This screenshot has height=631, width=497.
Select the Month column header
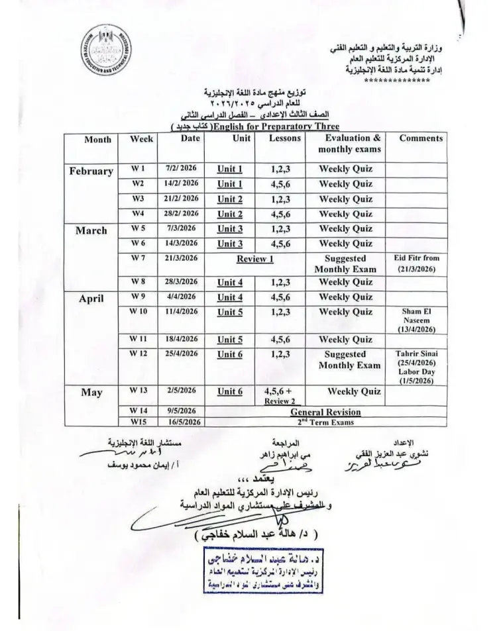coord(97,139)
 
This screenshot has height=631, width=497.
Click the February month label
coord(91,171)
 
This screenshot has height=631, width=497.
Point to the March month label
coord(91,231)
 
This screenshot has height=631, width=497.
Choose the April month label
coord(91,299)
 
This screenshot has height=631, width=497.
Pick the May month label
coord(91,393)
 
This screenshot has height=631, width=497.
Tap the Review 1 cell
coord(255,259)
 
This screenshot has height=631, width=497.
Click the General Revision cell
coord(325,411)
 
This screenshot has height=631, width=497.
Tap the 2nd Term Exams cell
coord(325,422)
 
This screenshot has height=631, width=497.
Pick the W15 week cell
coord(138,422)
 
